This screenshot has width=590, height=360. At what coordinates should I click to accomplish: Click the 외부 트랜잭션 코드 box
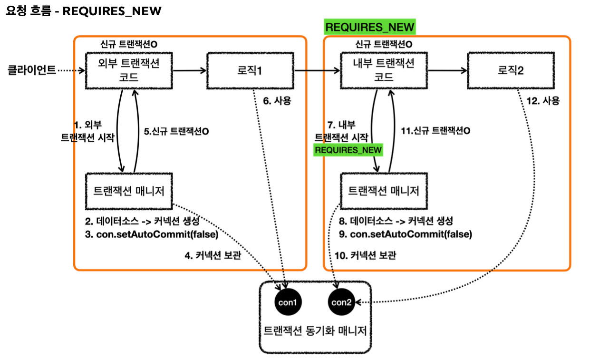click(129, 70)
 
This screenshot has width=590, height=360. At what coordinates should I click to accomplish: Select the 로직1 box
click(251, 70)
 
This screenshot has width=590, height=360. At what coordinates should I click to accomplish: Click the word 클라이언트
click(32, 71)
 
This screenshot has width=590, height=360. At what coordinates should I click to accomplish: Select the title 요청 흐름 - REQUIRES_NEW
click(84, 11)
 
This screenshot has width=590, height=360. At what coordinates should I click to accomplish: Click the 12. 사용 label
click(544, 101)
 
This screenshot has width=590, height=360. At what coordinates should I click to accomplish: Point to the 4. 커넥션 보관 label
click(212, 255)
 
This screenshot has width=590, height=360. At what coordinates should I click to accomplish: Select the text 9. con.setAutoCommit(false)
click(405, 234)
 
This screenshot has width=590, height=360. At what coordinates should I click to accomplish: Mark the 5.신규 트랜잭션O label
click(176, 132)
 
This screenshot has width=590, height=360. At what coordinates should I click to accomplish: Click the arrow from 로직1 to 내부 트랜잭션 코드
click(318, 71)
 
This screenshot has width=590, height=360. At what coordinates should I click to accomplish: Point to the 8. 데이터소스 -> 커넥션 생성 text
click(395, 221)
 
